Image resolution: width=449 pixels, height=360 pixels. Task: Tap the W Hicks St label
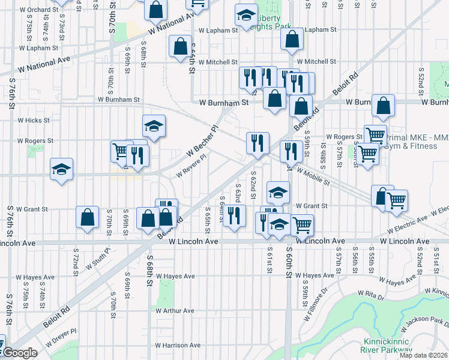[x=34, y=120]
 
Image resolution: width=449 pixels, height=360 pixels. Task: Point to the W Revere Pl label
[x=191, y=165]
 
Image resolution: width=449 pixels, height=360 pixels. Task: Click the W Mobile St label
[x=313, y=175]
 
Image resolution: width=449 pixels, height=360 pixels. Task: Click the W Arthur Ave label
[x=175, y=311]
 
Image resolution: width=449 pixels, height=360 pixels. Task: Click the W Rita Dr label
[x=371, y=293]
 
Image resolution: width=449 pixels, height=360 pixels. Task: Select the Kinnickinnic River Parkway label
[x=387, y=346]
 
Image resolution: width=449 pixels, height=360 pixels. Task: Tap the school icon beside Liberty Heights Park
[x=246, y=16]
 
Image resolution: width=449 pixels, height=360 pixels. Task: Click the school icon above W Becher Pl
[x=154, y=126]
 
